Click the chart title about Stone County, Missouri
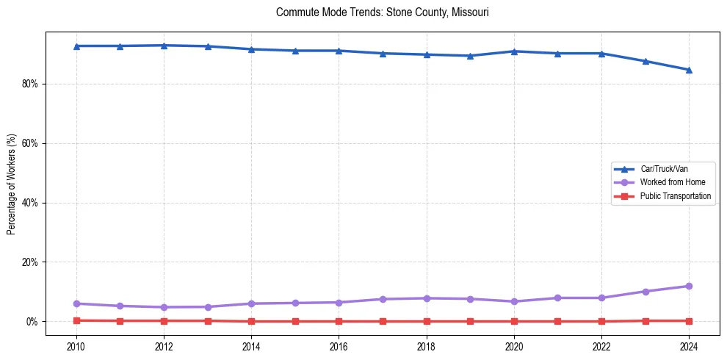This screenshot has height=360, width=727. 382,12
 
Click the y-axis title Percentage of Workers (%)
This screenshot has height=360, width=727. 11,184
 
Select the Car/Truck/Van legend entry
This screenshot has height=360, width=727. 664,169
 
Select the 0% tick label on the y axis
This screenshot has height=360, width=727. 32,322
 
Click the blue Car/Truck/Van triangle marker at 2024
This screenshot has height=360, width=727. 689,70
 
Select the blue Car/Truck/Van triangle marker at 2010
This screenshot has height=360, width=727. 76,46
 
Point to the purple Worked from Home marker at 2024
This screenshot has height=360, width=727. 689,286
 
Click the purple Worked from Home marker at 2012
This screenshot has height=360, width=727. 164,307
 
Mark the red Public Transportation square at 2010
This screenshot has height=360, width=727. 76,320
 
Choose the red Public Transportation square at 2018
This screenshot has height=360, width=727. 426,321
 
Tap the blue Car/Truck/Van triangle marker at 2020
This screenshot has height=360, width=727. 514,51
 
